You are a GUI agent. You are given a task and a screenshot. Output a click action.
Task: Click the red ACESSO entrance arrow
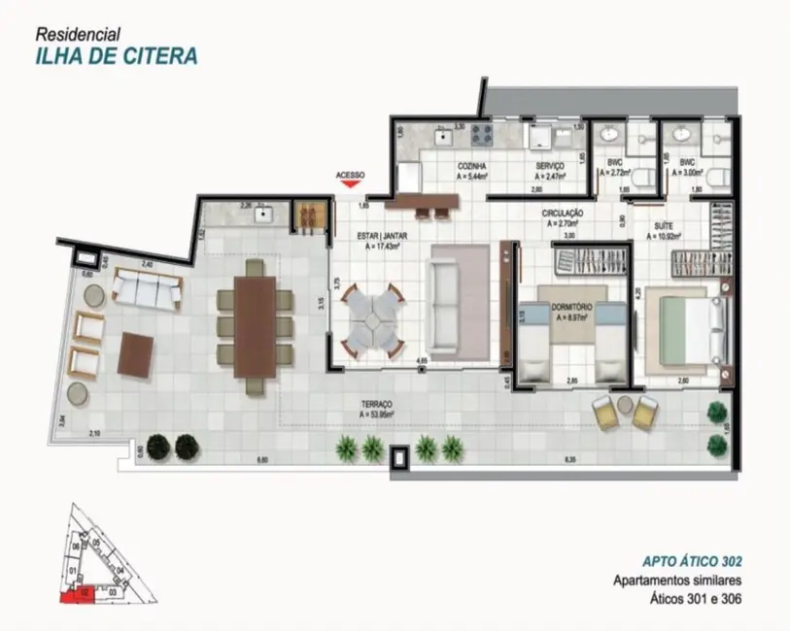tap(350, 184)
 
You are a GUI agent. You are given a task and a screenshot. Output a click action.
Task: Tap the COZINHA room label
tap(472, 166)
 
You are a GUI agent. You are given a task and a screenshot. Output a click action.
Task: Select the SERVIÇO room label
tap(550, 166)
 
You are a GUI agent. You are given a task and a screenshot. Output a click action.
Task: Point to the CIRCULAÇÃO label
tap(563, 212)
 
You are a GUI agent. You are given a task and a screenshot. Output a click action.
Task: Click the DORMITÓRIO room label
tap(572, 306)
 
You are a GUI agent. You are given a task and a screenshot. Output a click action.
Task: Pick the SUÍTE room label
tap(665, 224)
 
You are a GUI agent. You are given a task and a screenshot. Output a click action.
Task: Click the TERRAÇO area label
tap(376, 405)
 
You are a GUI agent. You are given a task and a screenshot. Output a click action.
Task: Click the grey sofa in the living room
tap(459, 299)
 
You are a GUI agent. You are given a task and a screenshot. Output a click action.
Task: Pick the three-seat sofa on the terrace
tap(147, 288)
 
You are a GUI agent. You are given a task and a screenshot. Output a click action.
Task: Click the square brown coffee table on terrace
tap(136, 354)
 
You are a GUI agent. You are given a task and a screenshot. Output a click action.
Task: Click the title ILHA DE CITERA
tap(114, 54)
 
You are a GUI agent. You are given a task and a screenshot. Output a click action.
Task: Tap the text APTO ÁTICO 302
tap(693, 561)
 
